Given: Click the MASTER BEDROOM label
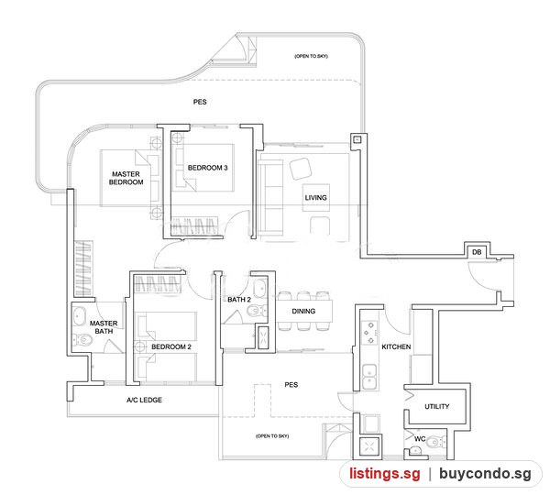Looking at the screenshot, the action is click(126, 178).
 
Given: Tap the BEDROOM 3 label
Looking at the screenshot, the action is click(208, 168).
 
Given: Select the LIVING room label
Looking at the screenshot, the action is click(315, 197).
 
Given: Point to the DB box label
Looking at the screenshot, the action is click(477, 252).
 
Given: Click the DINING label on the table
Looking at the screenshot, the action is click(303, 311).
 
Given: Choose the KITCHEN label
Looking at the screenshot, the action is click(396, 346).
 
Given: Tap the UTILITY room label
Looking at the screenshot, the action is click(436, 406).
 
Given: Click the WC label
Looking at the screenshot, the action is click(420, 438).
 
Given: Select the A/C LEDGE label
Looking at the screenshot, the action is click(144, 400).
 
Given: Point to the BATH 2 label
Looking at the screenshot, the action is click(239, 299).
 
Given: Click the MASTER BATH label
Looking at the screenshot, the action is click(104, 327).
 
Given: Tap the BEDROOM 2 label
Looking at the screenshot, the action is click(171, 346).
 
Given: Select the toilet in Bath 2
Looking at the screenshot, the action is click(257, 311).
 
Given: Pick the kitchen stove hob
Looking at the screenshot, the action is click(369, 333).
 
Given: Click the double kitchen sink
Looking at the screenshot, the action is click(369, 377).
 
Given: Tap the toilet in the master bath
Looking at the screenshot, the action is click(82, 339).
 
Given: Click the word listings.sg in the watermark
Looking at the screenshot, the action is click(384, 474).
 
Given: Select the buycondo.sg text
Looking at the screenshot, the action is click(485, 474).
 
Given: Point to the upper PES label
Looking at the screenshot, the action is click(200, 102).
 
